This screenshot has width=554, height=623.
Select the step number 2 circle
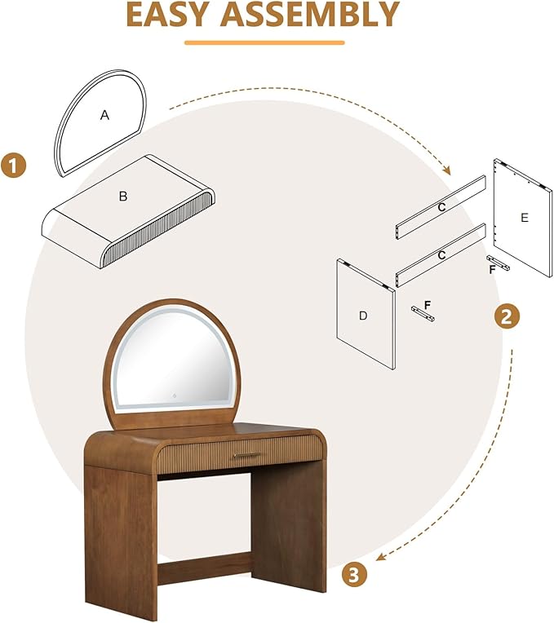pos(507,317)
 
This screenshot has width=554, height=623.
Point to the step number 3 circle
pos(353,575)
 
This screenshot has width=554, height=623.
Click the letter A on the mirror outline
pos(104,116)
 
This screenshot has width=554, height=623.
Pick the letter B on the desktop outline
pos(123,196)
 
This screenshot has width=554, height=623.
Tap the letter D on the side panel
pos(365,315)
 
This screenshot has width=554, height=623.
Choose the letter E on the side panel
pos(524,217)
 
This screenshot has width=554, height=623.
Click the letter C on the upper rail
pos(441,207)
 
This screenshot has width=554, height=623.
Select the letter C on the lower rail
pos(441,255)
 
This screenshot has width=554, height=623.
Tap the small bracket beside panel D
pos(423,311)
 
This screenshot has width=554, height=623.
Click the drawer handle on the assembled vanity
pos(246,455)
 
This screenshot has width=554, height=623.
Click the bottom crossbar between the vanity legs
pos(204,568)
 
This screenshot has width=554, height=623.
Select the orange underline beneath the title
pos(264,42)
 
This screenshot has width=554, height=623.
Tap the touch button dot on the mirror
pos(172,397)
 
